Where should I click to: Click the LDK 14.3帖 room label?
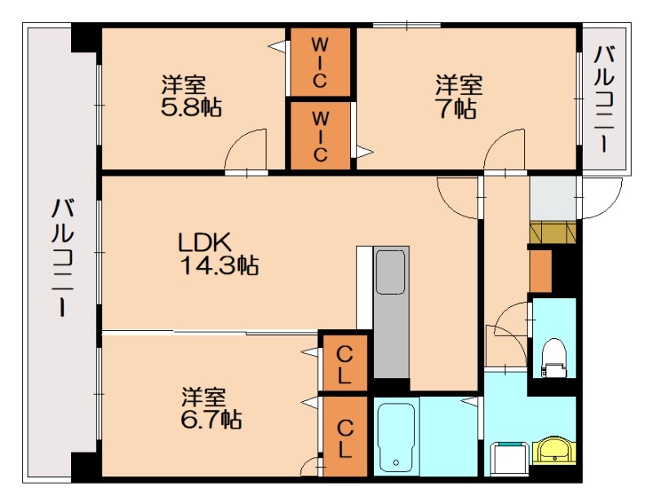point(219,253)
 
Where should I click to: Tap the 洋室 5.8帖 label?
point(191,96)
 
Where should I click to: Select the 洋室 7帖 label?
point(459,96)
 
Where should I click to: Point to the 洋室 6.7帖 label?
point(211,408)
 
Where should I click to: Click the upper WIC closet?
point(319,62)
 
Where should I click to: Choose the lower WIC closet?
point(320,136)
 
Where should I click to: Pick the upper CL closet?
point(344,363)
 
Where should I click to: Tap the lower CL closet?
point(344,436)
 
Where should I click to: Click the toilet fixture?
point(554,357)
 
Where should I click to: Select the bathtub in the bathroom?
point(396,437)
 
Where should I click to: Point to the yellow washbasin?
point(554,450)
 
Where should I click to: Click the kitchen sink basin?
point(391,272)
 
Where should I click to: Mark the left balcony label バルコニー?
point(63,258)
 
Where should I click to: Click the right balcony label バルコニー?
point(605,99)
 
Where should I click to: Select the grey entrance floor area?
point(553,198)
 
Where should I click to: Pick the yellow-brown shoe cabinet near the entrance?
point(553,233)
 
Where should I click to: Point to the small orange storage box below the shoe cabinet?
point(540,271)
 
